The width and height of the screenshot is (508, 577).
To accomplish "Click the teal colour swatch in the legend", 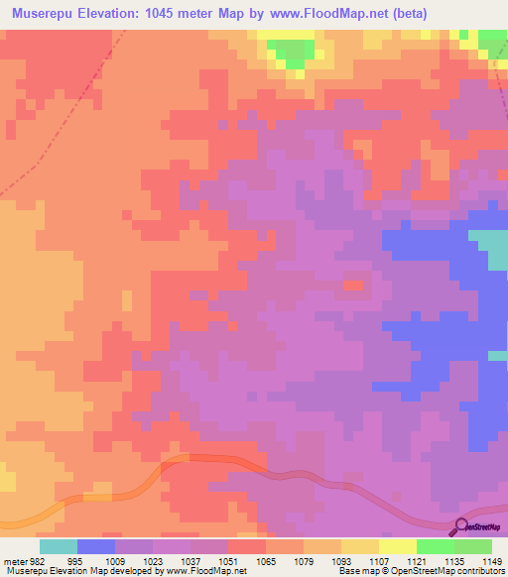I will tap(59, 546).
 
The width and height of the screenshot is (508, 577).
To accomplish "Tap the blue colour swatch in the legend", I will tap(96, 546).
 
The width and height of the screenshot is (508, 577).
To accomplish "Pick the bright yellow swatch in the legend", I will tap(398, 546).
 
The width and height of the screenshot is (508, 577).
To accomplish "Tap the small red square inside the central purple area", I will tap(351, 286).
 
